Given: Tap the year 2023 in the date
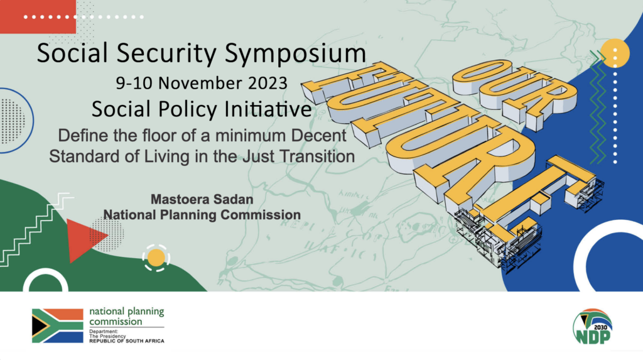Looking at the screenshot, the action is (x=267, y=84).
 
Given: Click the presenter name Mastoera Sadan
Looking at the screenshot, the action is (x=202, y=200).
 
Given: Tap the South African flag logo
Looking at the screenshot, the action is (x=57, y=325).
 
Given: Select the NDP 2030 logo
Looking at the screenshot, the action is (x=593, y=327).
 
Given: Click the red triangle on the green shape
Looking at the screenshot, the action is (x=84, y=240).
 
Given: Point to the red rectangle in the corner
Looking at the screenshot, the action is (x=38, y=16).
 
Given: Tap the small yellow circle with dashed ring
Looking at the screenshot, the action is (x=156, y=258).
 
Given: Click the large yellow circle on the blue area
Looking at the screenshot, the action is (x=615, y=53).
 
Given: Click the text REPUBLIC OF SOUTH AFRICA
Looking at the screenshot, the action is (x=127, y=341).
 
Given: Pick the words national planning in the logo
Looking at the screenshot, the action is (x=127, y=312).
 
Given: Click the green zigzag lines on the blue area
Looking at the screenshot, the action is (x=598, y=107).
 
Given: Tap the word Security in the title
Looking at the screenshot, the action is (x=166, y=53).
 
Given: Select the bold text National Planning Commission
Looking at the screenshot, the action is (x=202, y=215).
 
